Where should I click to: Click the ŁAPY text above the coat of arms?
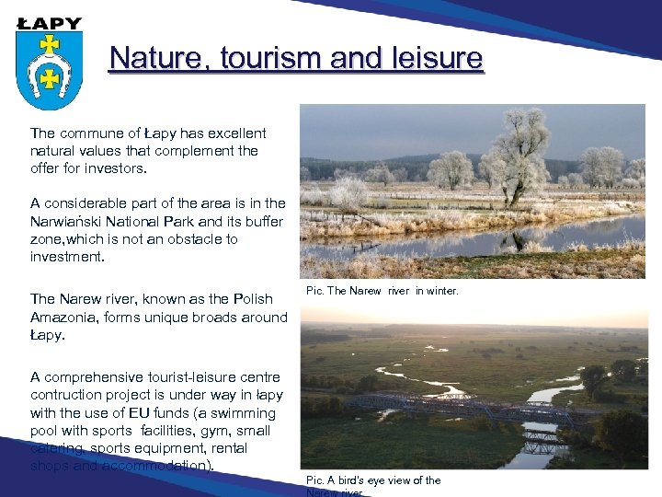click(x=50, y=23)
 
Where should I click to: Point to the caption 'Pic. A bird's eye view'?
click(x=373, y=480)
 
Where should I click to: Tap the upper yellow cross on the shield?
click(x=50, y=43)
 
